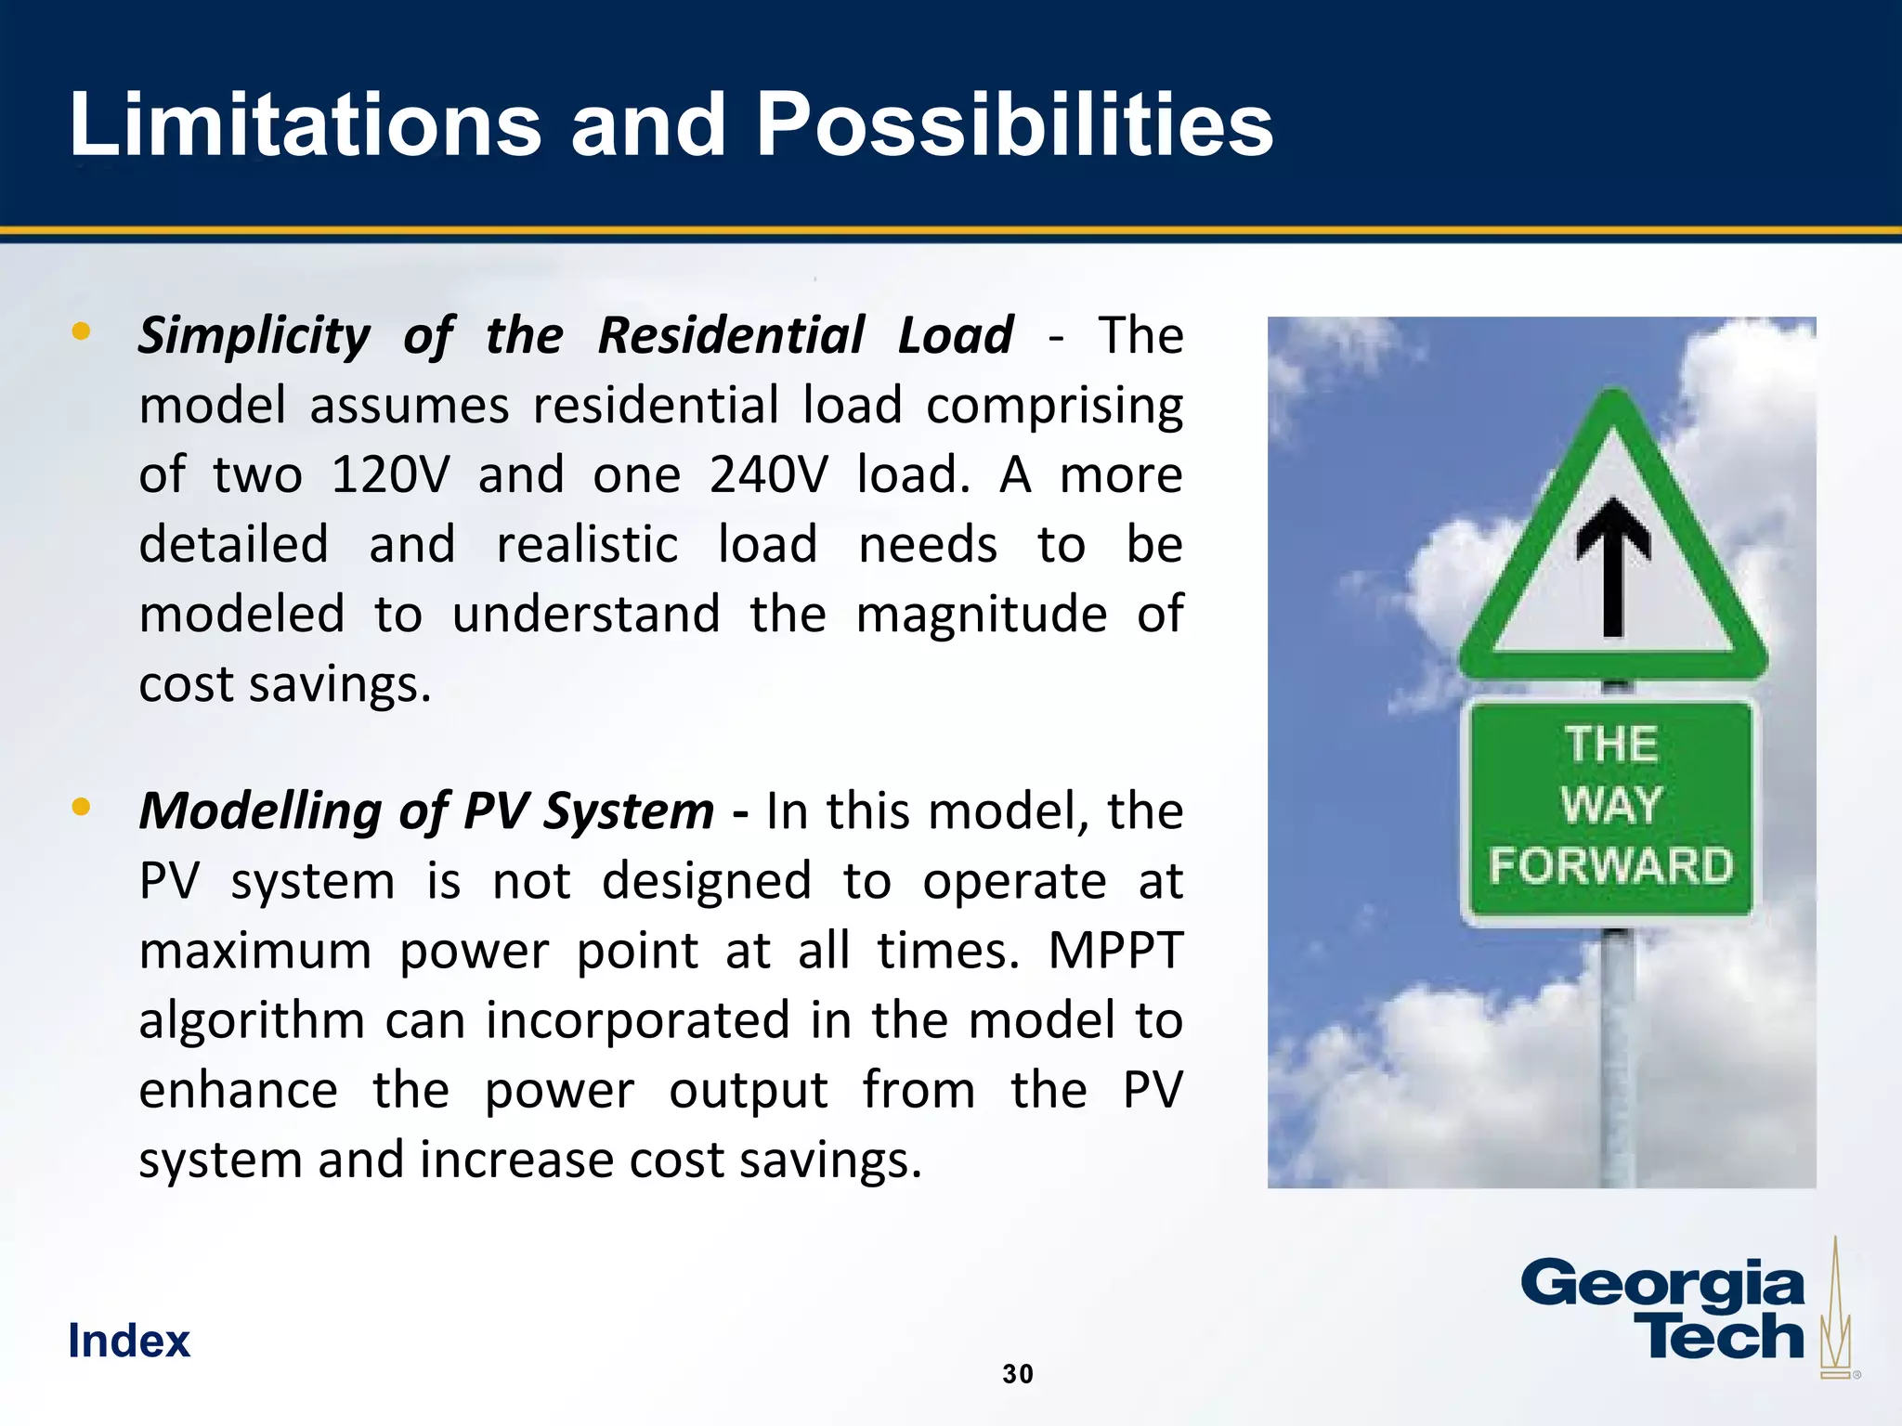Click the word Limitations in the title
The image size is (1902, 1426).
[x=305, y=124]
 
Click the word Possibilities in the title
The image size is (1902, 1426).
[x=1014, y=124]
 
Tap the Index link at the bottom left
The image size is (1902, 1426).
[x=129, y=1341]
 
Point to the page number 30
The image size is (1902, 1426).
[x=1018, y=1374]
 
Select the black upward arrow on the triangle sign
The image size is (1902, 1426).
[x=1614, y=566]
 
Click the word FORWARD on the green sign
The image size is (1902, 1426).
[x=1611, y=865]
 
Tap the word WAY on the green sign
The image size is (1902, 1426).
[x=1611, y=804]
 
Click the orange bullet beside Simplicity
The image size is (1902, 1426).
[x=82, y=331]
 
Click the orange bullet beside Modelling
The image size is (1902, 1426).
[x=82, y=807]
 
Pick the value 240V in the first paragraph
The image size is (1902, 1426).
[x=768, y=474]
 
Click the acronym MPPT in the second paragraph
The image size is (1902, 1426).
[x=1115, y=951]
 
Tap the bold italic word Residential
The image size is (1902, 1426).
[x=731, y=335]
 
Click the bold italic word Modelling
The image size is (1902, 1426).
[x=259, y=810]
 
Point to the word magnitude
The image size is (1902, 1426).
[x=981, y=614]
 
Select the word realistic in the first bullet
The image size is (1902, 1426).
[x=587, y=544]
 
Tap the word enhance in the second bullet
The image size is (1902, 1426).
[x=238, y=1090]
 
